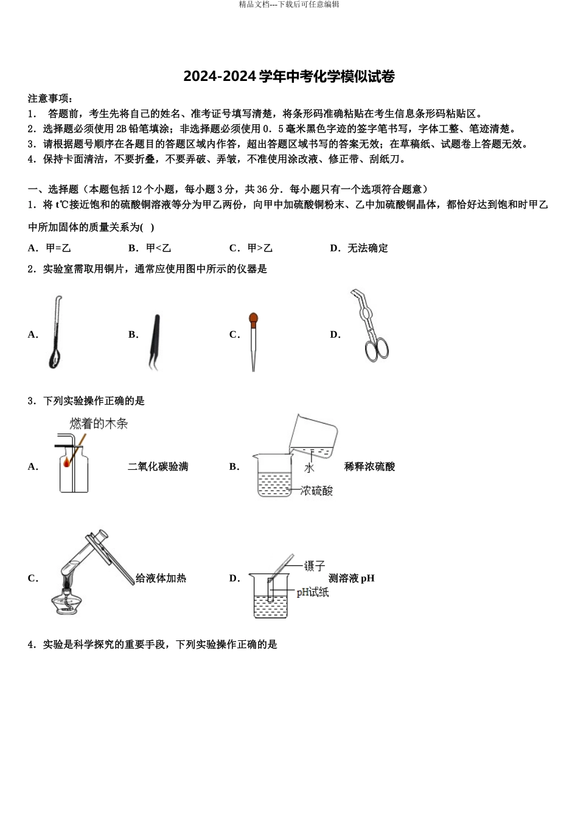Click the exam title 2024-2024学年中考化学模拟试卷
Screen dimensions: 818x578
[x=289, y=77]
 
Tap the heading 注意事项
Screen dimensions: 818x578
[x=50, y=99]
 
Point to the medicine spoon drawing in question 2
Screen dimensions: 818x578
[x=56, y=334]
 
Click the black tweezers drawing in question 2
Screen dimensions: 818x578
[x=154, y=341]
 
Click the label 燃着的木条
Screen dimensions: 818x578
[x=99, y=424]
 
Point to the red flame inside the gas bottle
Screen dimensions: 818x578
[x=66, y=463]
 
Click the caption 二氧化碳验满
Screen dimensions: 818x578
[x=158, y=467]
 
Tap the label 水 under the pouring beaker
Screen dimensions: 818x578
[x=309, y=467]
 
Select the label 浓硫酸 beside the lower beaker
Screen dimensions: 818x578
[x=317, y=491]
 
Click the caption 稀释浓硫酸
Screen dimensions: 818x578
[x=369, y=467]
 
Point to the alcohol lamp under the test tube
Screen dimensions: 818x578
[x=66, y=601]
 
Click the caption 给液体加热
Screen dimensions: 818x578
[x=161, y=578]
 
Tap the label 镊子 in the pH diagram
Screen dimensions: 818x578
[x=315, y=567]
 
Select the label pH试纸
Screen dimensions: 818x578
[x=312, y=592]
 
